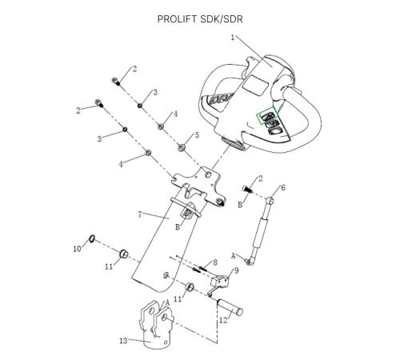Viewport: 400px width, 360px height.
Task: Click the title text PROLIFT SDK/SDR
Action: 200,19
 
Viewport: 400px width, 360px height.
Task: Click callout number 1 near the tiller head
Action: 233,38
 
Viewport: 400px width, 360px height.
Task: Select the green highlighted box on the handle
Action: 267,115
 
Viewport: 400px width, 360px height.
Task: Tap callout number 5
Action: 197,135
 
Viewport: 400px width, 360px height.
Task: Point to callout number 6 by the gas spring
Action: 283,188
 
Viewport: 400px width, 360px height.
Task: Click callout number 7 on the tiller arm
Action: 140,214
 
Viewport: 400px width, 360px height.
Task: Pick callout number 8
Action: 215,262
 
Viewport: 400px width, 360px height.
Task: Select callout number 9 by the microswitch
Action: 236,271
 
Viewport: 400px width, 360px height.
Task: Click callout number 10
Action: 77,249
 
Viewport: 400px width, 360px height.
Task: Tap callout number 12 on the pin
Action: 223,320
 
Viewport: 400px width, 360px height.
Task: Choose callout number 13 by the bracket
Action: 123,341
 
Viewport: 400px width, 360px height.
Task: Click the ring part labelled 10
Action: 92,238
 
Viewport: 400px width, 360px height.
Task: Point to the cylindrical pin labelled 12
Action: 230,308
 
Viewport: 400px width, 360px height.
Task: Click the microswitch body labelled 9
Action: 219,280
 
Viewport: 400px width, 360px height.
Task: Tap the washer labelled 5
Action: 182,147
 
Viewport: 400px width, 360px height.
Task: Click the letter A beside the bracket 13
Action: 167,302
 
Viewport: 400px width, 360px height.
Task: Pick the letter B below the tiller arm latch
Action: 178,227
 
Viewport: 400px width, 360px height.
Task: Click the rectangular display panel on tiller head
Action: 256,85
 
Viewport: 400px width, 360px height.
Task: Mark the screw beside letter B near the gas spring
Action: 247,189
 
